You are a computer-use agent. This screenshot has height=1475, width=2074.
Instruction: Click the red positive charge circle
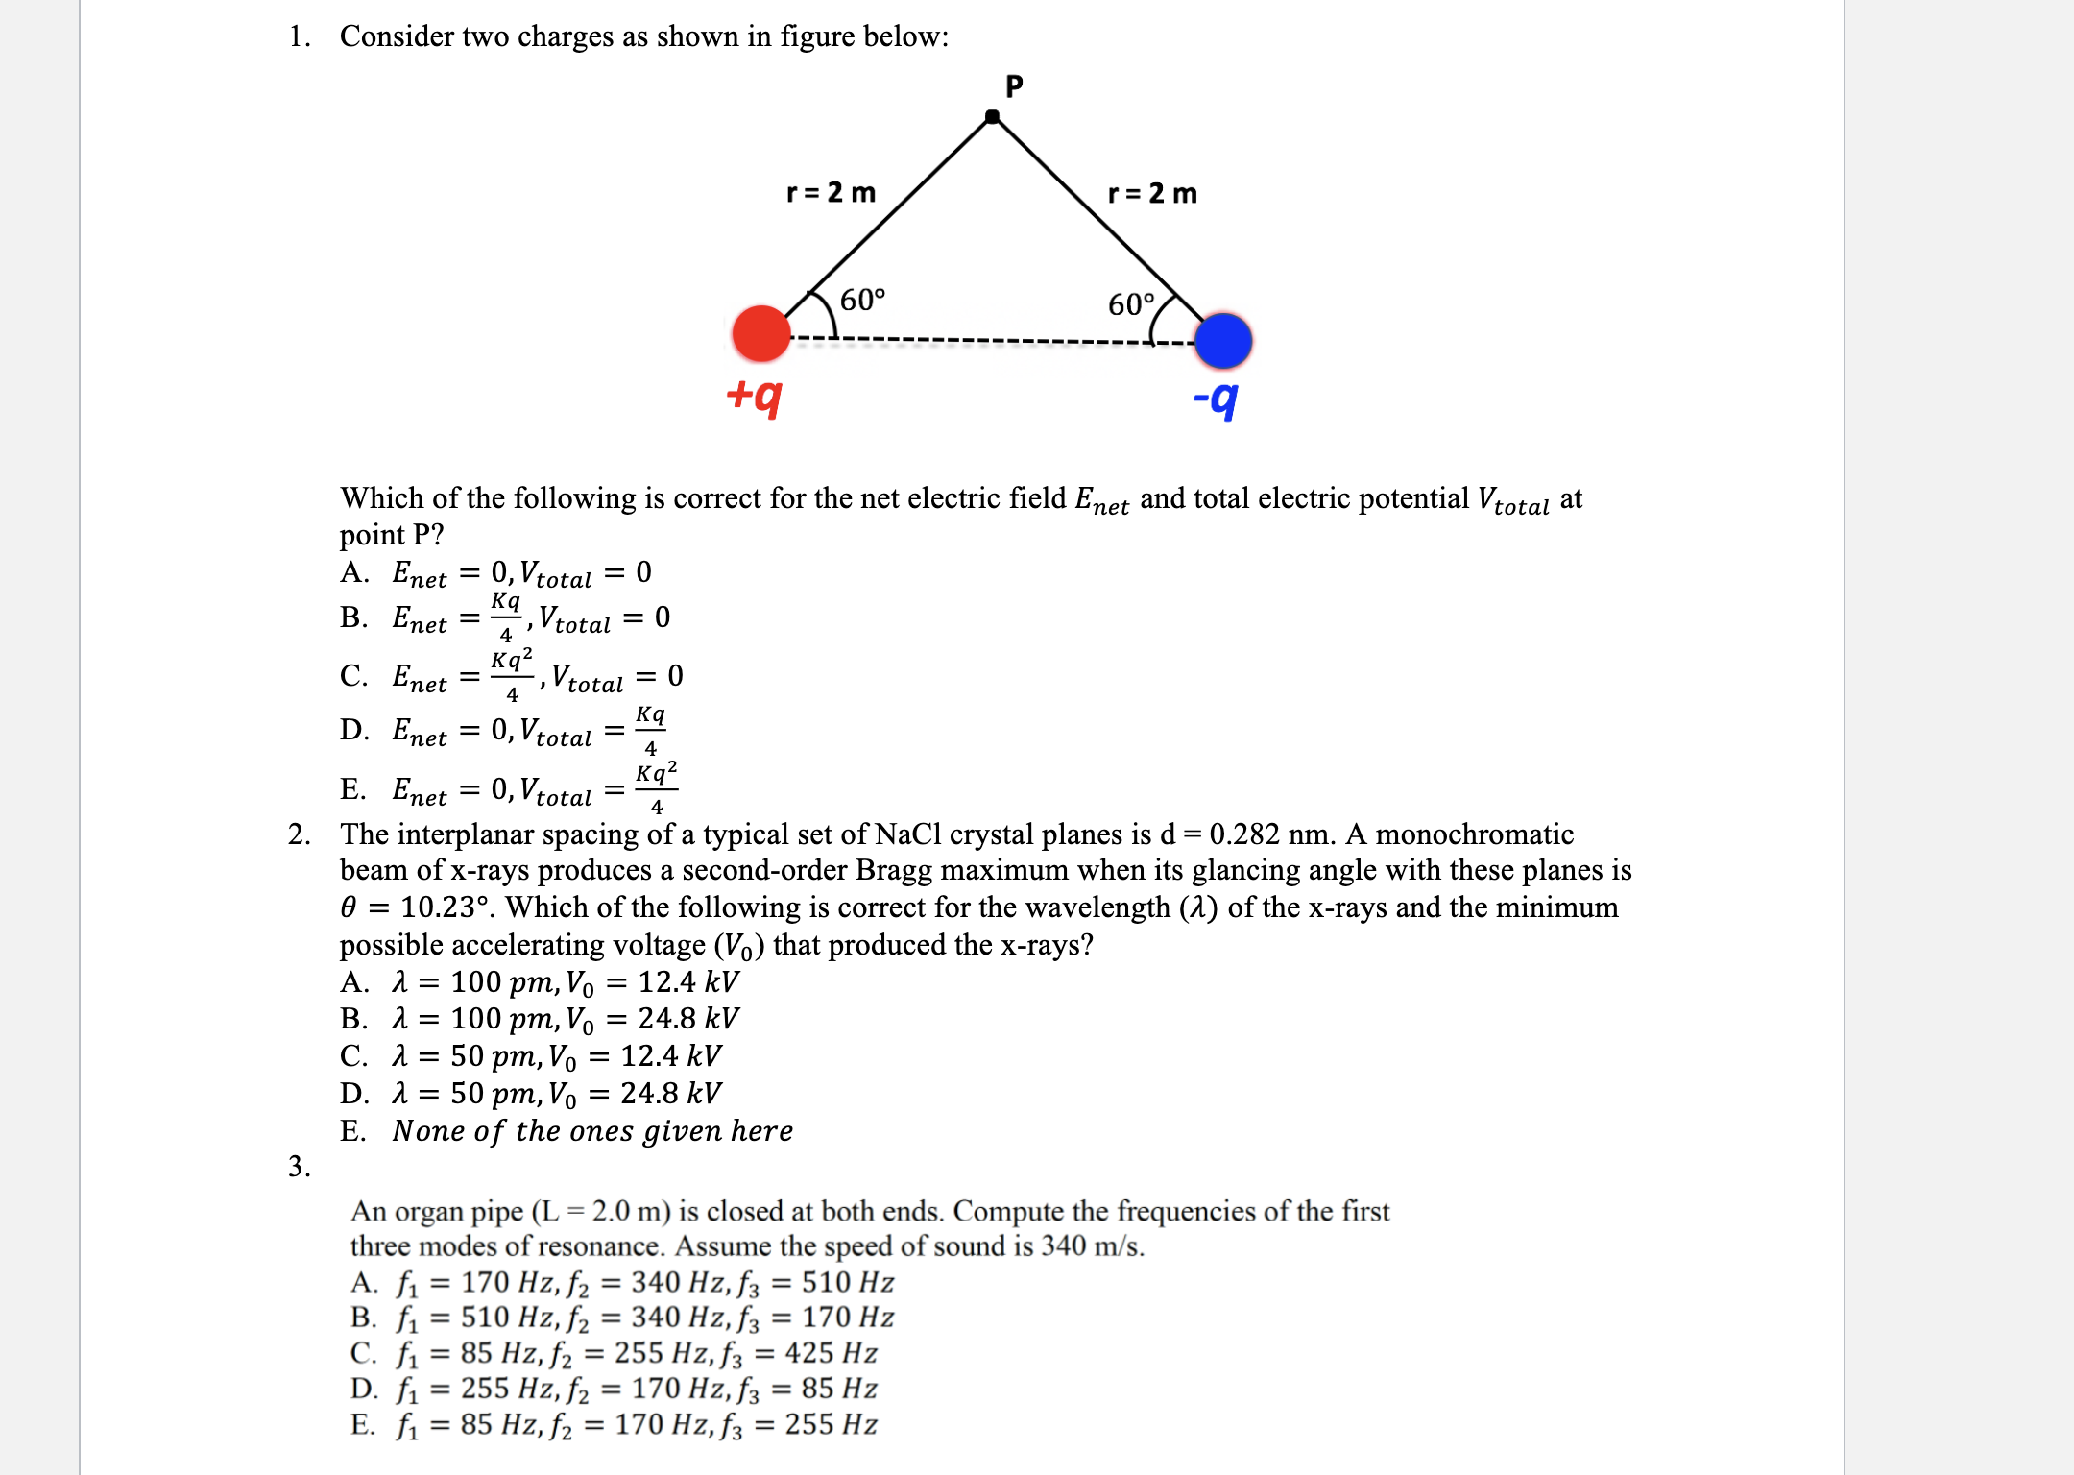760,333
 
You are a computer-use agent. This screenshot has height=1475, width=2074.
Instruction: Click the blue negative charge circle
1223,341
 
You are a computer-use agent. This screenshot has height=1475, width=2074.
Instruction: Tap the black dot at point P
993,117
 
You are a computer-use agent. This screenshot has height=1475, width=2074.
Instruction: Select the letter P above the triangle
1014,86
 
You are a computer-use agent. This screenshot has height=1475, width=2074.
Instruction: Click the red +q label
754,395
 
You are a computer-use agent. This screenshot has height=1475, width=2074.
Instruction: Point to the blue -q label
1216,398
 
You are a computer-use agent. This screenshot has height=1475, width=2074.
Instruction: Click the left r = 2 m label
831,193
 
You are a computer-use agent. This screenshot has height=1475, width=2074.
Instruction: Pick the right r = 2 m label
1152,194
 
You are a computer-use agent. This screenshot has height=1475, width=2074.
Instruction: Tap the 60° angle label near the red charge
862,301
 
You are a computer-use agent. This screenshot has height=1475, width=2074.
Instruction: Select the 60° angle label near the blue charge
1131,304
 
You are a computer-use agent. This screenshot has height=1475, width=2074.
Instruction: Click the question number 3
299,1167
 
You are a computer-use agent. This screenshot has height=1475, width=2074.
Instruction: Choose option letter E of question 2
352,1131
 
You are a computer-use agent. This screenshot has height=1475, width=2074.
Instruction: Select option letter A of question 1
353,573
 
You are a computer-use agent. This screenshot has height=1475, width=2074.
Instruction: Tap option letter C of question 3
363,1353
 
